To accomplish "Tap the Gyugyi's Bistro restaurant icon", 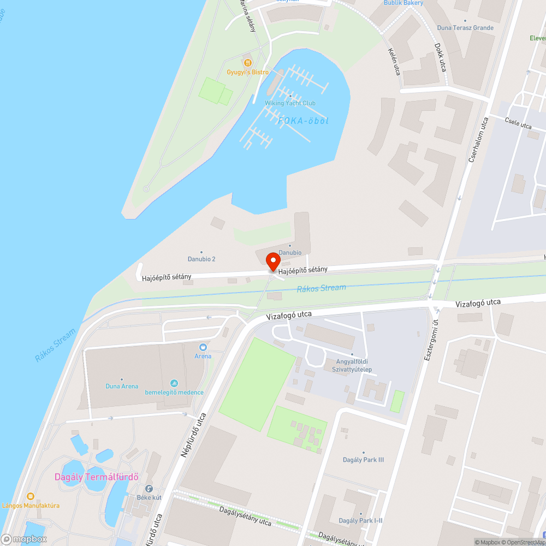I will pos(247,63).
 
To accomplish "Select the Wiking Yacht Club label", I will pos(290,103).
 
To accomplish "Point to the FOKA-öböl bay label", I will pos(304,121).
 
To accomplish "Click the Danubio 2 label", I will pos(201,259).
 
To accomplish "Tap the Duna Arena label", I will pos(121,386).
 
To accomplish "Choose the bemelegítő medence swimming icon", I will pos(174,383).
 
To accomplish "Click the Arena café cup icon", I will pos(203,347).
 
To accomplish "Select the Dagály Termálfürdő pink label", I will pos(97,477).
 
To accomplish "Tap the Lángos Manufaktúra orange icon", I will pos(31,496).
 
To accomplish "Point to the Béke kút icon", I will pos(149,489).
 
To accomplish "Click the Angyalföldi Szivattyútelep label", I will pos(352,365).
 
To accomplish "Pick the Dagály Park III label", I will pos(363,460).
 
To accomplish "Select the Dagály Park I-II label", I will pos(360,520).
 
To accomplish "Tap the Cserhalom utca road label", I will pos(477,139).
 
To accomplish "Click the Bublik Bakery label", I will pos(403,3).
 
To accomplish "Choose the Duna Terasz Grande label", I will pos(465,28).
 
